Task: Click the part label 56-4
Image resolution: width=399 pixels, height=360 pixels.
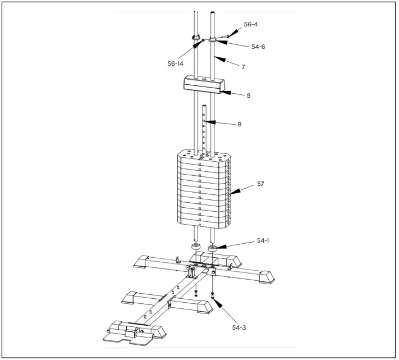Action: click(x=250, y=25)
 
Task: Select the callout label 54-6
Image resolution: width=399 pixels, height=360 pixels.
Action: click(x=258, y=47)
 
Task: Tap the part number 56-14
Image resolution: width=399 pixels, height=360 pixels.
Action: click(x=176, y=63)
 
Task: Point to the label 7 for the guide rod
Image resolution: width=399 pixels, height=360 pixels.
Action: click(x=243, y=67)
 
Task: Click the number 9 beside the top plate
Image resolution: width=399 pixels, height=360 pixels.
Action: click(x=248, y=95)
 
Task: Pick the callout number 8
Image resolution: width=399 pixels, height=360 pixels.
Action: click(x=239, y=124)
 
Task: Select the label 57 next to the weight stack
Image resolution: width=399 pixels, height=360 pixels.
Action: click(x=260, y=184)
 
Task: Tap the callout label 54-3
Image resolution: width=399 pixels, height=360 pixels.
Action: click(x=239, y=327)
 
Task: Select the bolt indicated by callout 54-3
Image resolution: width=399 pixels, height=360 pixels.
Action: click(x=213, y=294)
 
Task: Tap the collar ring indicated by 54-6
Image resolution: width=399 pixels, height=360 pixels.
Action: click(x=213, y=39)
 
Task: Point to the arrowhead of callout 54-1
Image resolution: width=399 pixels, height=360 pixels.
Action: click(x=219, y=247)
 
